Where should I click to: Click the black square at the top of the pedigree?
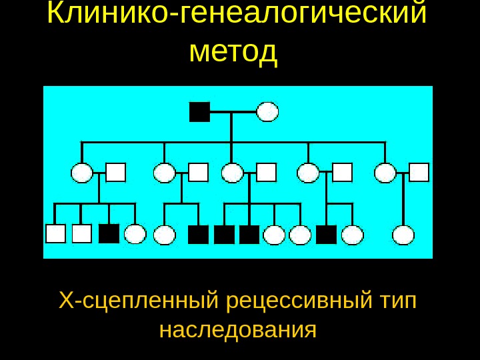pyautogui.click(x=199, y=112)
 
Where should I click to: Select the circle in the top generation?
pyautogui.click(x=267, y=112)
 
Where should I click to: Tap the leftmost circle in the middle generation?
pyautogui.click(x=81, y=173)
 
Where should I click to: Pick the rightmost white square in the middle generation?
pyautogui.click(x=419, y=172)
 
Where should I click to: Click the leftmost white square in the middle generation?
pyautogui.click(x=115, y=172)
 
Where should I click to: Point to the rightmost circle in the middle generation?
pyautogui.click(x=385, y=173)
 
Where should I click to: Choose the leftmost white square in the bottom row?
pyautogui.click(x=55, y=233)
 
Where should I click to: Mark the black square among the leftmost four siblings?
pyautogui.click(x=109, y=233)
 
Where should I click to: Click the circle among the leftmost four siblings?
pyautogui.click(x=135, y=234)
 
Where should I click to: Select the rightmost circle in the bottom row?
pyautogui.click(x=403, y=235)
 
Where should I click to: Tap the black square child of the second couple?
pyautogui.click(x=198, y=235)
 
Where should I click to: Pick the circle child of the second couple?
pyautogui.click(x=164, y=235)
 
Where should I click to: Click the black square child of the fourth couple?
pyautogui.click(x=326, y=235)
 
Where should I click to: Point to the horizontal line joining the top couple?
pyautogui.click(x=233, y=112)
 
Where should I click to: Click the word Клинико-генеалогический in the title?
pyautogui.click(x=237, y=15)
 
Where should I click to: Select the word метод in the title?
pyautogui.click(x=233, y=51)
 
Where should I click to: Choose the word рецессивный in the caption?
pyautogui.click(x=299, y=301)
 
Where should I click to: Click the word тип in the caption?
pyautogui.click(x=397, y=301)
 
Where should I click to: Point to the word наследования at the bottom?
pyautogui.click(x=237, y=329)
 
